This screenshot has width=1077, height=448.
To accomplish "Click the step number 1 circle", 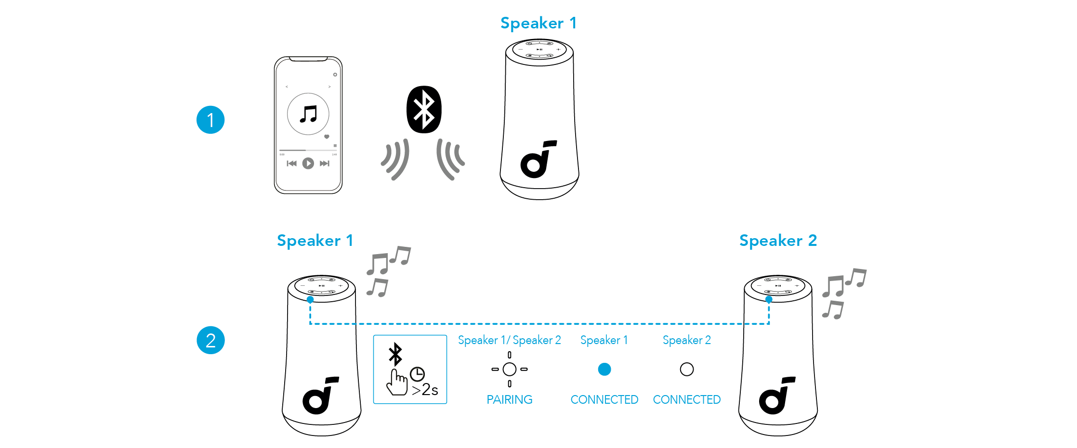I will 210,120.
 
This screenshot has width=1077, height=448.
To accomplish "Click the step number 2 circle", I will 210,340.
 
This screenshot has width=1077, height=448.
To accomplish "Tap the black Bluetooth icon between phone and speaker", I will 424,110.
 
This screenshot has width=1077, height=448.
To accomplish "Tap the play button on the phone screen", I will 308,164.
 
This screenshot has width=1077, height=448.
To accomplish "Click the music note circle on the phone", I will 308,114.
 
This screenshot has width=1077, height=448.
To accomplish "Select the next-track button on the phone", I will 325,164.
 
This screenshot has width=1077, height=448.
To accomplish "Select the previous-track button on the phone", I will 291,164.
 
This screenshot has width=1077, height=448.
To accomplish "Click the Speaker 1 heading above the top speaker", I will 538,23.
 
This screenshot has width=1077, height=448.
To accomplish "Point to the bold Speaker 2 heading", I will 778,241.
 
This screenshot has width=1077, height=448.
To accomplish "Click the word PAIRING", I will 509,399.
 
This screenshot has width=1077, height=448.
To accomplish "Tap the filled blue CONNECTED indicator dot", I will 604,369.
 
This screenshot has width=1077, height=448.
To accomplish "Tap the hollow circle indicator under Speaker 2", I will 687,369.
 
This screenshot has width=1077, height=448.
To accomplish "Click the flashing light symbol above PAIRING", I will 509,369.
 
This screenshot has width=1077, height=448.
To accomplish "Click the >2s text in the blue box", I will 425,389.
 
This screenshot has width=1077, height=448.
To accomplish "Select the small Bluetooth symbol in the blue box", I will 395,354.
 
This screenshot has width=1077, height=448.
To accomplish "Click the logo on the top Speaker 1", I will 538,159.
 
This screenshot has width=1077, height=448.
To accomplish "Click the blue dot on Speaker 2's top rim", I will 769,299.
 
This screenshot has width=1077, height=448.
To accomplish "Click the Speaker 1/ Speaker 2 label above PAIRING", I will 509,340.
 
